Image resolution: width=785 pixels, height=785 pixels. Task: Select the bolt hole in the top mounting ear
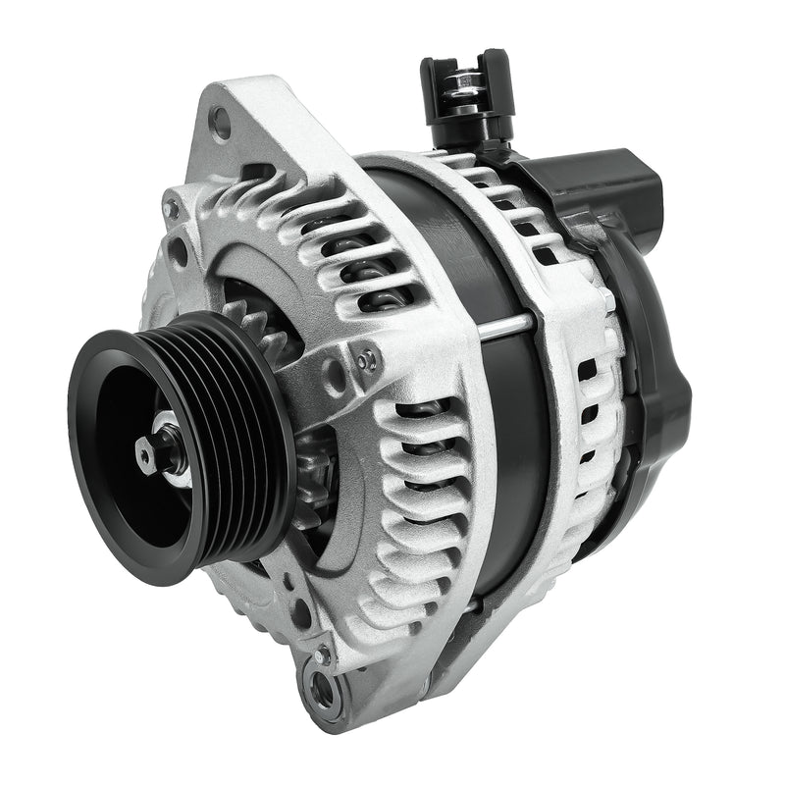(x=221, y=123)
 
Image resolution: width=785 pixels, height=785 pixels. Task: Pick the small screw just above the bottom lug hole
(x=321, y=652)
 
